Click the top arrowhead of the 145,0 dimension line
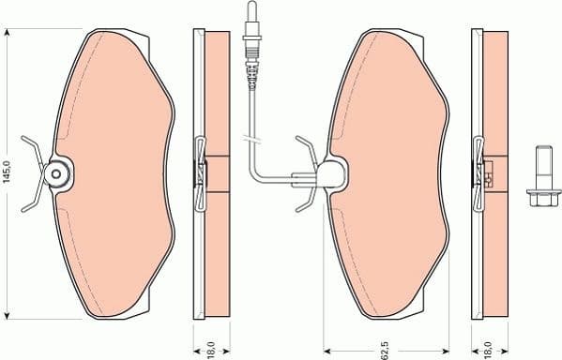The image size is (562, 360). pos(8,33)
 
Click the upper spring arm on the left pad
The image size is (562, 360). pos(34,150)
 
